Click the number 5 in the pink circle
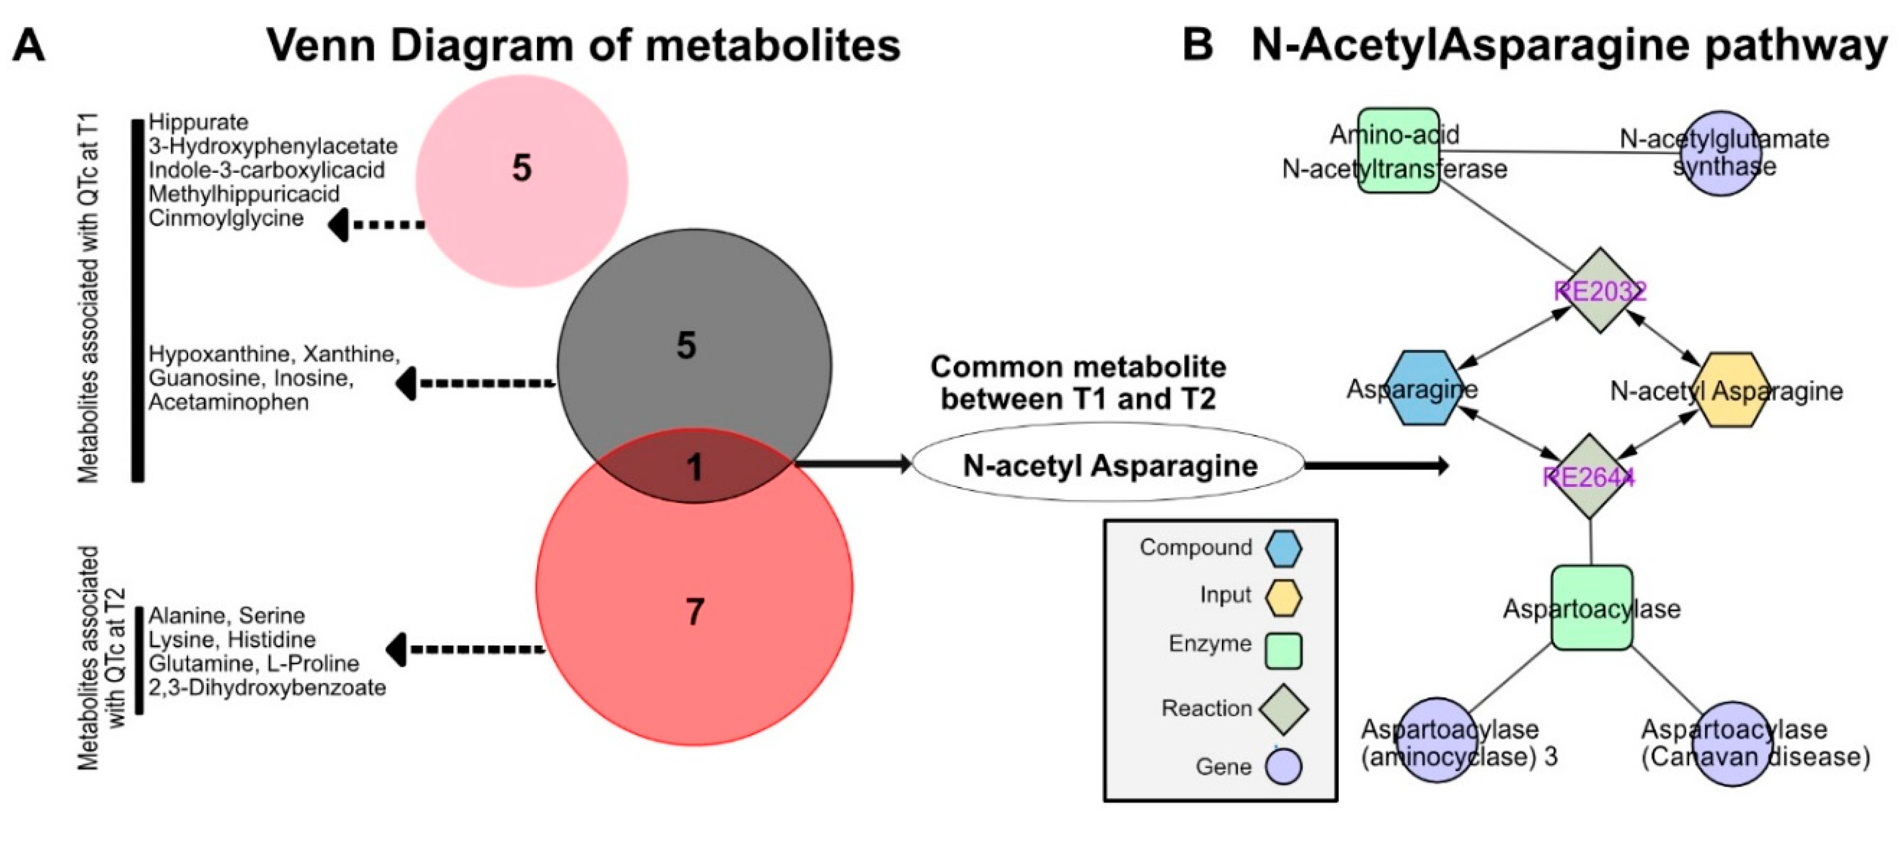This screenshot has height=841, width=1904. point(522,169)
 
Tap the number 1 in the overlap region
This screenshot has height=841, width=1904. point(694,467)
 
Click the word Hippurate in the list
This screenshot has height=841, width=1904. point(198,122)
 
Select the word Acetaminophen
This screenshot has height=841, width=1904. point(228,402)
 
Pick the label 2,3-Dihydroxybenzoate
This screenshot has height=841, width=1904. point(267,687)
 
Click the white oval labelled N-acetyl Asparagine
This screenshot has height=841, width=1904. point(1109,465)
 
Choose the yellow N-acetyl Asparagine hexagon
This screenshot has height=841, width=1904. point(1733,390)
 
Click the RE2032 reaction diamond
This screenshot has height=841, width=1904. point(1600,291)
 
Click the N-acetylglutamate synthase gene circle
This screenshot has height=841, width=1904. point(1722,153)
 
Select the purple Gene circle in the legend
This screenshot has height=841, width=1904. point(1283,766)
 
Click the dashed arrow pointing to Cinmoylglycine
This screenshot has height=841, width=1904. point(377,224)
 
